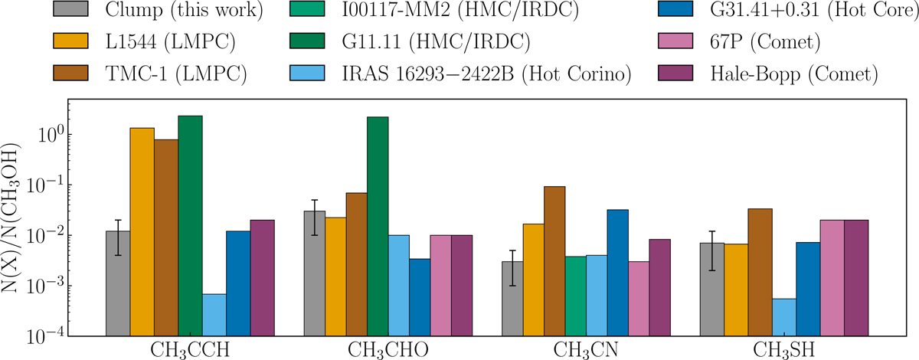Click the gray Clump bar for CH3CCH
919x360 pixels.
click(118, 283)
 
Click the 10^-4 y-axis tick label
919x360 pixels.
click(46, 336)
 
